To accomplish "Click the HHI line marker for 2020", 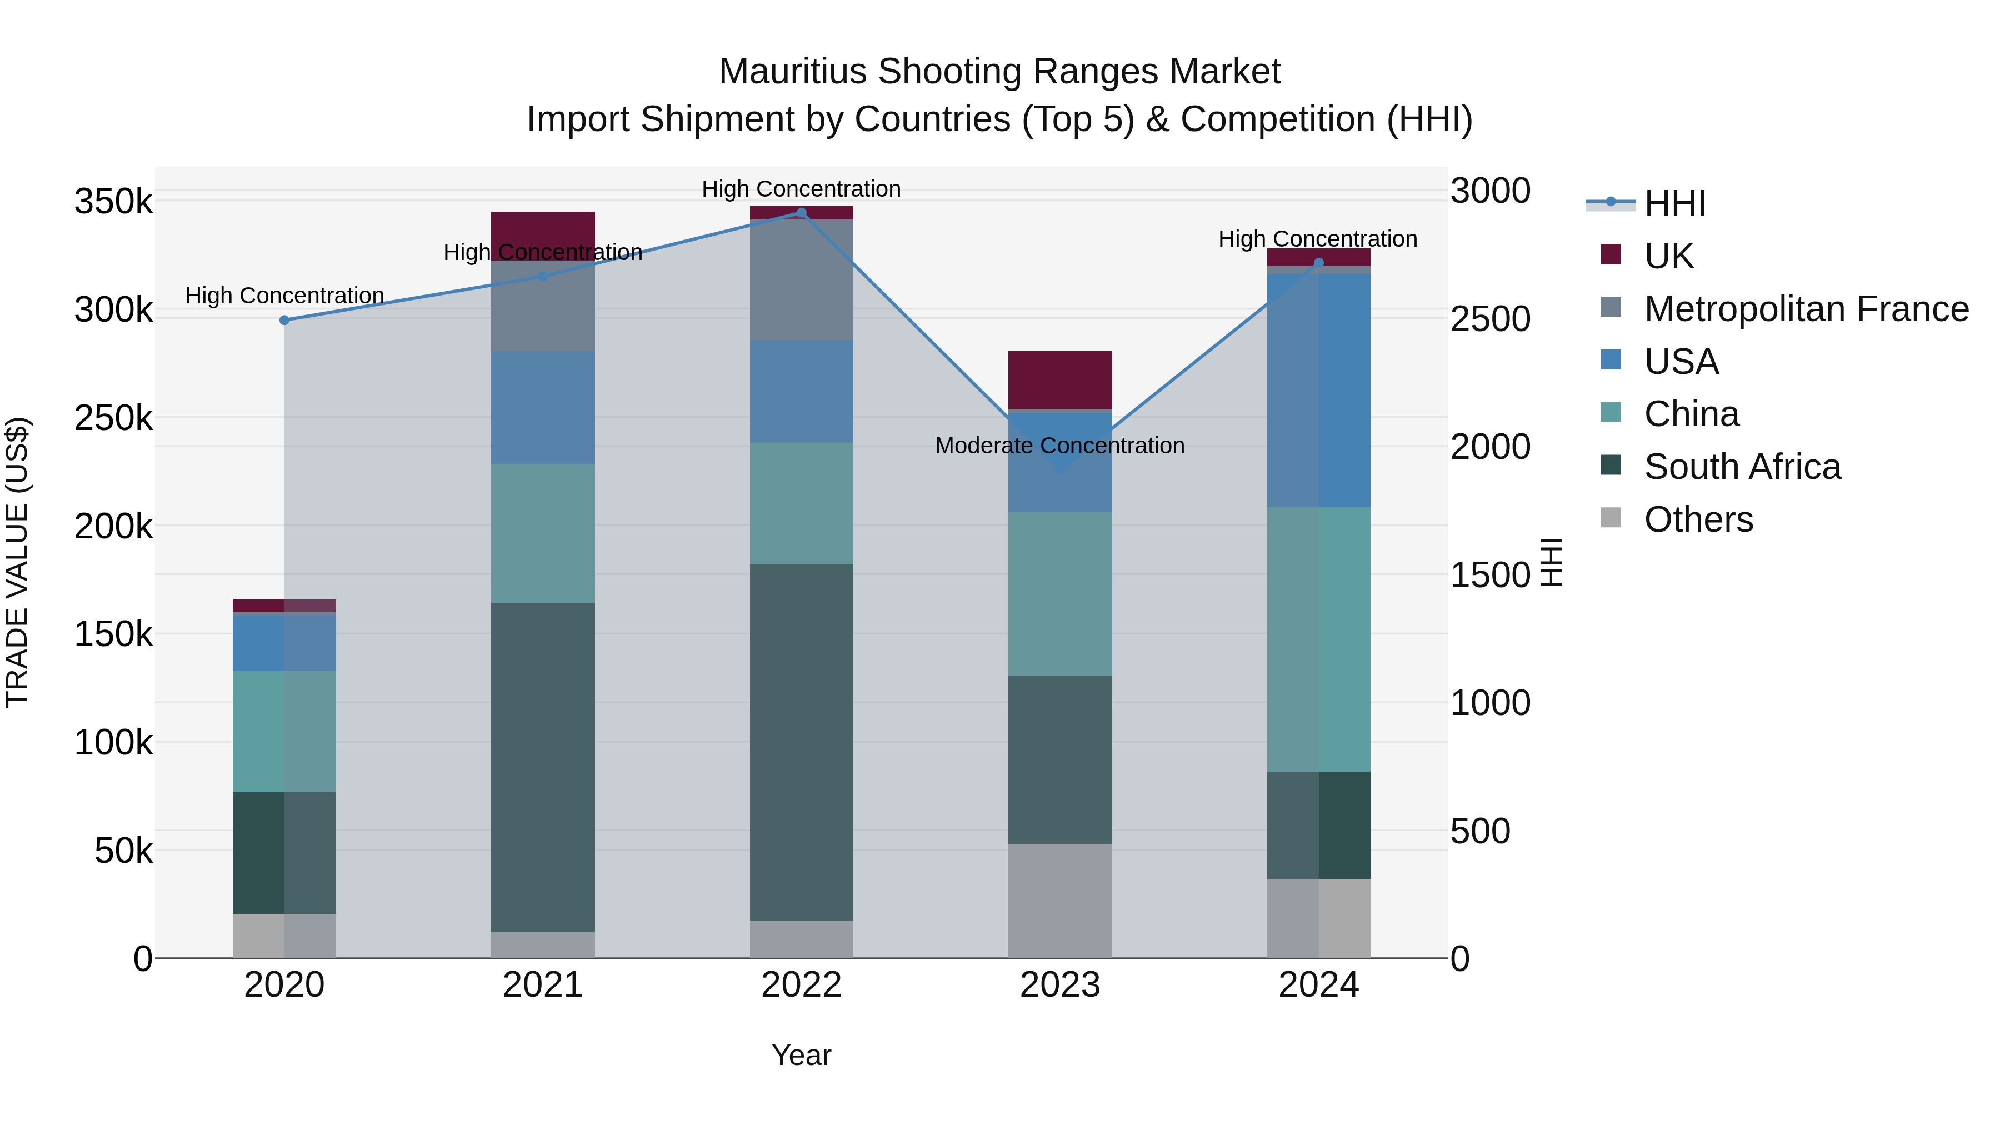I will tap(284, 320).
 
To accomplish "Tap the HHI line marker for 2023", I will tap(1061, 469).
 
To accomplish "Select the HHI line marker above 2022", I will tap(801, 213).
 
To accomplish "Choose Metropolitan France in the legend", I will tap(1806, 308).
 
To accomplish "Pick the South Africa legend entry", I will tap(1742, 467).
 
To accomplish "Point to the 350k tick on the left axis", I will tap(113, 202).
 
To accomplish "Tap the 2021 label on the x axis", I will tap(543, 985).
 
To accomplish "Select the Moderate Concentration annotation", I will tap(1060, 446).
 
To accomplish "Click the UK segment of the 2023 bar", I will tap(1061, 379).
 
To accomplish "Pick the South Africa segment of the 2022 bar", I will tap(801, 742).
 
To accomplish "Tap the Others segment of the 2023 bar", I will tap(1061, 901).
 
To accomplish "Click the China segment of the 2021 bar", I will tap(543, 533).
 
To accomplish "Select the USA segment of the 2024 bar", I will tap(1318, 391).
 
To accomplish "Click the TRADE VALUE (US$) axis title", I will tap(18, 562).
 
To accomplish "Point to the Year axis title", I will tap(801, 1055).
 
